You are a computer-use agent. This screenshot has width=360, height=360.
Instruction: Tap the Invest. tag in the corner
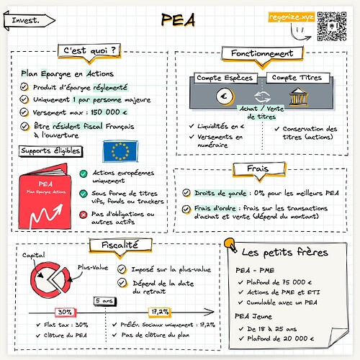coord(27,19)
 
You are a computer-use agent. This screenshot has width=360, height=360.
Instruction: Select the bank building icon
coord(298,96)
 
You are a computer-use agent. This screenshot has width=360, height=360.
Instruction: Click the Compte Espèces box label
coord(220,78)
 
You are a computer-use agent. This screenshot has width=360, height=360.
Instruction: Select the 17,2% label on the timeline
coord(159,311)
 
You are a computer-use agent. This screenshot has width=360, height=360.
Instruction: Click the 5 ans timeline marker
coord(104,301)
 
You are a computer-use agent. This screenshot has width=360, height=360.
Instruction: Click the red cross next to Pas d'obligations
coord(84,214)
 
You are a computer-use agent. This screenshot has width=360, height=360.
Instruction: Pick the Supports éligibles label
coord(50,150)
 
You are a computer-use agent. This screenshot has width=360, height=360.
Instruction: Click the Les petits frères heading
coord(284,253)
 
